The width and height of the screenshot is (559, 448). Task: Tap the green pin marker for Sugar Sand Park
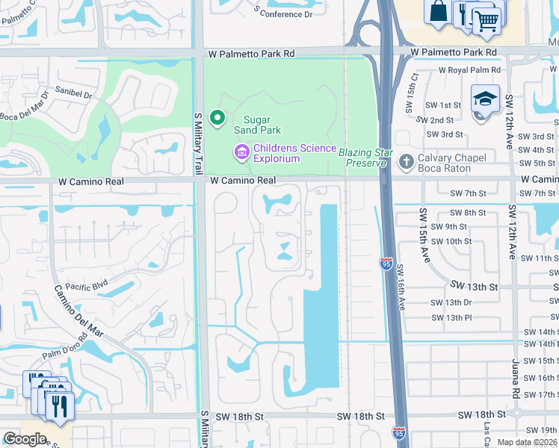click(x=217, y=118)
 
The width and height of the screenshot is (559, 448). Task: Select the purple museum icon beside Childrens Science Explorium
click(x=241, y=153)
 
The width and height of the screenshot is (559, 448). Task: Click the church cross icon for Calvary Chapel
click(x=406, y=161)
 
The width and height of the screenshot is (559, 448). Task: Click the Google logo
click(x=25, y=439)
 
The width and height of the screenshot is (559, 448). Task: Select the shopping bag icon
click(x=437, y=10)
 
